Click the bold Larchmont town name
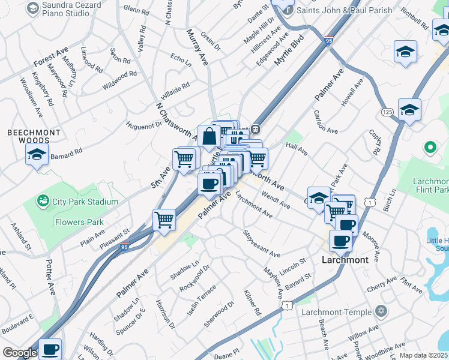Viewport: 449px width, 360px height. click(345, 260)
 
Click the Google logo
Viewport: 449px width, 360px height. click(20, 353)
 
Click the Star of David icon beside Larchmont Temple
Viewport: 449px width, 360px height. click(379, 311)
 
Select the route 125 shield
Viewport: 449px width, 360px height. click(387, 112)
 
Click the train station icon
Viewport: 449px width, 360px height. click(255, 128)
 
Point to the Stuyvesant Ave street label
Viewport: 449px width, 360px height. click(262, 243)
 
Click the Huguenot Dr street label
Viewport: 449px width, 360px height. click(143, 125)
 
